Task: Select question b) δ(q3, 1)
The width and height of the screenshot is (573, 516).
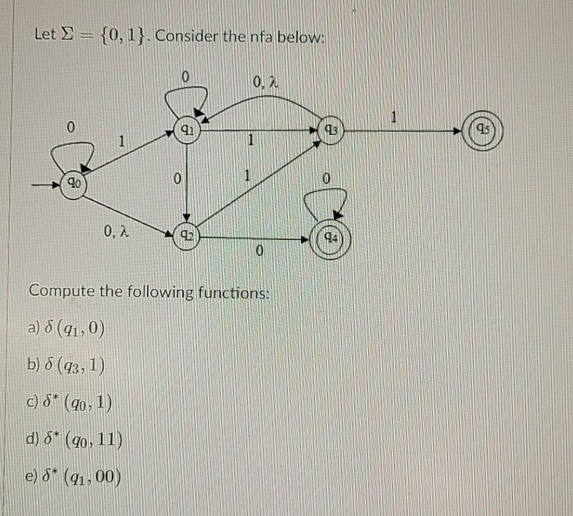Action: tap(65, 365)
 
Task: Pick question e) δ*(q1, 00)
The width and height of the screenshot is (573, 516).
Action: tap(73, 477)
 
